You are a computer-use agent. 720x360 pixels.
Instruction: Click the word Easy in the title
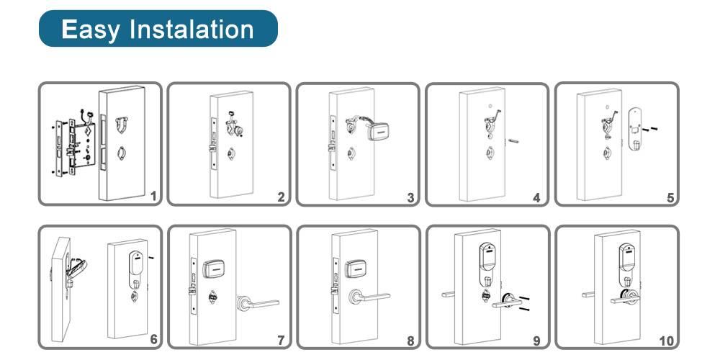(x=91, y=30)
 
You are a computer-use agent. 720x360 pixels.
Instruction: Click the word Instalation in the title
(x=192, y=29)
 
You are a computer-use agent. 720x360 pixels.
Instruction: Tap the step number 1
(x=154, y=197)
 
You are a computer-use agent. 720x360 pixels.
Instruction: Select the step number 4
(x=536, y=199)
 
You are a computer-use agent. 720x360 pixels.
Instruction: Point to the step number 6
(x=153, y=340)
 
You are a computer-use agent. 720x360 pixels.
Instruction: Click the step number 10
(x=666, y=341)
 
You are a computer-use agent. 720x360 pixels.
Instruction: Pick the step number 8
(x=411, y=341)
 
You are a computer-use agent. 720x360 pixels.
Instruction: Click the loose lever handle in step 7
(x=258, y=303)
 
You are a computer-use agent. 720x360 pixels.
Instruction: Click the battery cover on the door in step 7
(x=213, y=269)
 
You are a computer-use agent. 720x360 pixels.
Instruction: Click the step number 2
(x=281, y=198)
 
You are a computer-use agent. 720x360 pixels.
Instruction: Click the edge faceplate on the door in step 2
(x=214, y=143)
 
